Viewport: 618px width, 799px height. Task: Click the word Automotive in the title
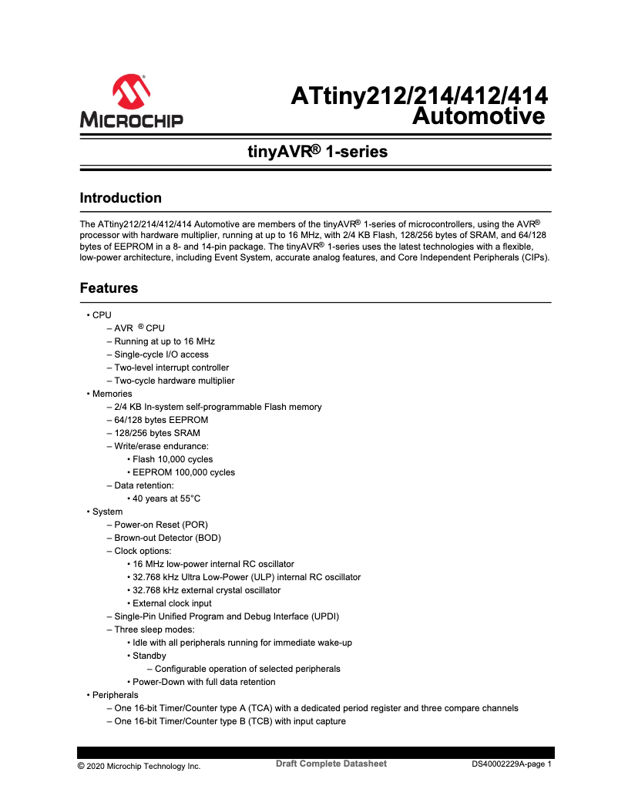[x=479, y=116]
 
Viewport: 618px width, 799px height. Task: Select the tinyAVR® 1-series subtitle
[x=317, y=152]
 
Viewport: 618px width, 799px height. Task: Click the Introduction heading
[x=121, y=198]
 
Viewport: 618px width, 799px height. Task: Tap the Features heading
[x=109, y=288]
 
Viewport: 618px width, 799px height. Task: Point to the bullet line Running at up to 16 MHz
[x=164, y=341]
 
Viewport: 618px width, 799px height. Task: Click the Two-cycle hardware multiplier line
[x=174, y=381]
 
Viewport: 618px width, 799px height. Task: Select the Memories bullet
[x=112, y=394]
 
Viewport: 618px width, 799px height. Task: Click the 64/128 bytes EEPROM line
[x=160, y=420]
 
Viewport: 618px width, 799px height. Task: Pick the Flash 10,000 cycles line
[x=173, y=459]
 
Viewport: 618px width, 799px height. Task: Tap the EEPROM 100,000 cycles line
[x=183, y=472]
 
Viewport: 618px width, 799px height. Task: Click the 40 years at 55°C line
[x=166, y=499]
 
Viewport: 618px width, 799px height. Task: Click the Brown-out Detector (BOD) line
[x=167, y=538]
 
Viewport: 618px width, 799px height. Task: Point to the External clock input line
[x=172, y=603]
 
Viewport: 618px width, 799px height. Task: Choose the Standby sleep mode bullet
[x=149, y=656]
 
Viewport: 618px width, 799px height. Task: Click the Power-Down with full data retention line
[x=203, y=682]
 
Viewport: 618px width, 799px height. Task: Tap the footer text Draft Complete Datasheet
[x=331, y=764]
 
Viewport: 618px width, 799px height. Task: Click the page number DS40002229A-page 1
[x=512, y=765]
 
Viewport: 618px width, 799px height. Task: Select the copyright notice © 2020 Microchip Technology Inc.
[x=139, y=766]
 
